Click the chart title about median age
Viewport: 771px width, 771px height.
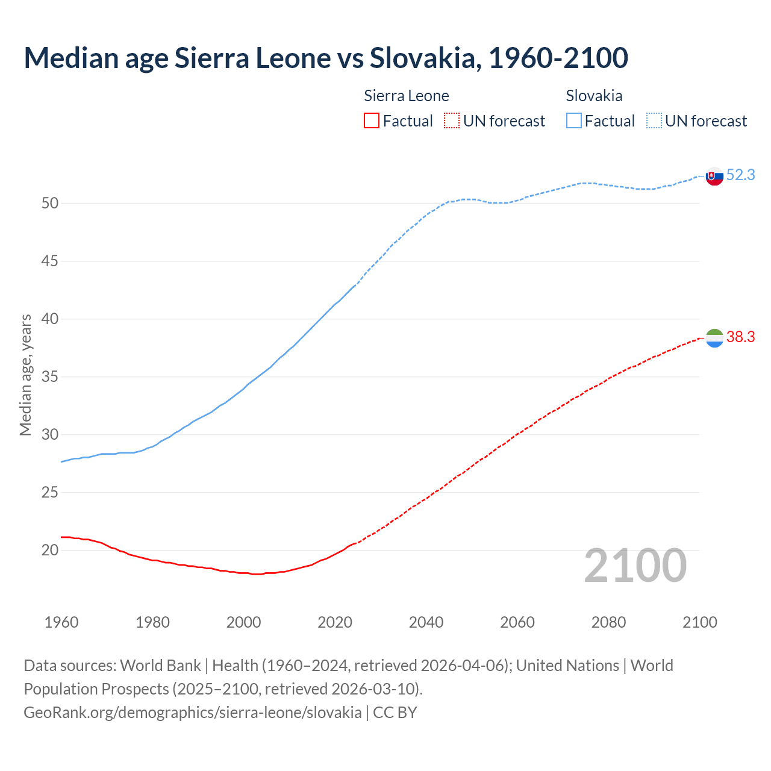326,58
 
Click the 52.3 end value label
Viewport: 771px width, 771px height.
740,175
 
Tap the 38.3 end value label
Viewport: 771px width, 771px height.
740,337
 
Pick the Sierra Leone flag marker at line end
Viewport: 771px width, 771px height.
714,339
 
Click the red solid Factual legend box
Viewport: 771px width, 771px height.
372,121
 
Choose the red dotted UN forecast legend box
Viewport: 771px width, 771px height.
452,121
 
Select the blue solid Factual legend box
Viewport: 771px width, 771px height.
574,121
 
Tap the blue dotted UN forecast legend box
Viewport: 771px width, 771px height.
654,121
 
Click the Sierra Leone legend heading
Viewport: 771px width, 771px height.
407,96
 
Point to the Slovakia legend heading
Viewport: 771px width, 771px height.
594,96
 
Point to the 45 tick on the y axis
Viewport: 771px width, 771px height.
50,261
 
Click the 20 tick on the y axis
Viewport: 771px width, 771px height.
50,550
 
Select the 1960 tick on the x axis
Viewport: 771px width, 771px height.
61,622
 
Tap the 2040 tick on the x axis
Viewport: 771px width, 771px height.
426,622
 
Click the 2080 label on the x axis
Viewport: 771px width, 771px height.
608,622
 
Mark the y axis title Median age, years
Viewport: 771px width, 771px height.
25,375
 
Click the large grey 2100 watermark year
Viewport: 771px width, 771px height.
635,565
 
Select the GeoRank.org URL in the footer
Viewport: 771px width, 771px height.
193,712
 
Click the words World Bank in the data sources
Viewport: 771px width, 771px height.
160,666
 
